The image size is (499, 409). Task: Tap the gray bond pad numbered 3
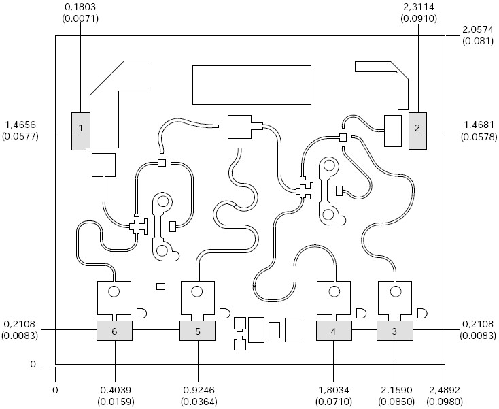coord(395,331)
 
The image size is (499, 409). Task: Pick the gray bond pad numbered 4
coord(334,331)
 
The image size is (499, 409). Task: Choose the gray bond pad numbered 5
coord(197,331)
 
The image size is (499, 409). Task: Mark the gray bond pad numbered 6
coord(114,331)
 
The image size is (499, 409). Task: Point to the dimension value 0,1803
coord(81,7)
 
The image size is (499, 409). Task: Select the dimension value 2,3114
coord(417,7)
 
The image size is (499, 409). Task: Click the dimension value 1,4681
coord(479,125)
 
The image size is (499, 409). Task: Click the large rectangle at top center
coord(252,85)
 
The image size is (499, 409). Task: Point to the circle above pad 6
coord(114,292)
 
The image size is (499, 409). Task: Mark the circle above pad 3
coord(395,292)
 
